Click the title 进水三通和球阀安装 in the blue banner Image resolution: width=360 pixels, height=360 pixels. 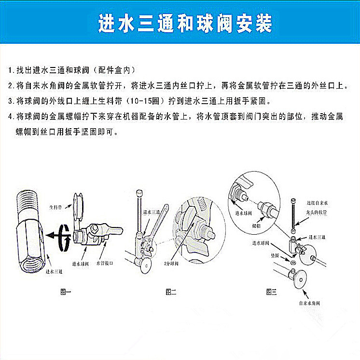click(x=185, y=23)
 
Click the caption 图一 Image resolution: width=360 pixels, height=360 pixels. click(x=65, y=292)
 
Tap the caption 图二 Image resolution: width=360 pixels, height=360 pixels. click(x=171, y=292)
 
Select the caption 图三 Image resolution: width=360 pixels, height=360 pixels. click(x=271, y=292)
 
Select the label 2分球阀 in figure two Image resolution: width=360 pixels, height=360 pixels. click(x=171, y=264)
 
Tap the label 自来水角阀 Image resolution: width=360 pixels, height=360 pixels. click(x=309, y=303)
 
